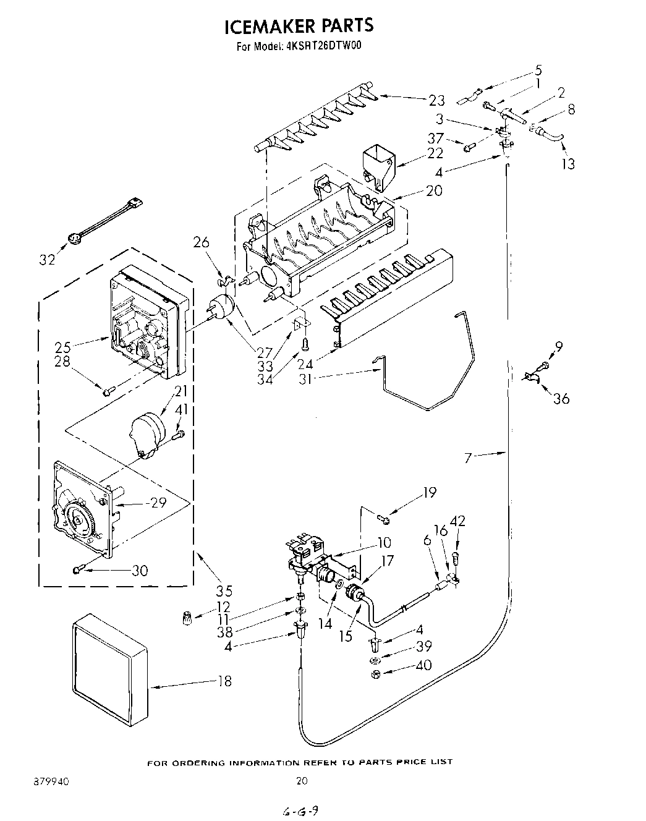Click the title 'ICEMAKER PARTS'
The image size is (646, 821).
click(x=299, y=26)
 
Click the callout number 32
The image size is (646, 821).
click(x=47, y=259)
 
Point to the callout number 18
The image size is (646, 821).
click(x=224, y=681)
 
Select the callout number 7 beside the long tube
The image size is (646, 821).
click(x=469, y=457)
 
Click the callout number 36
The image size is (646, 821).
click(x=561, y=399)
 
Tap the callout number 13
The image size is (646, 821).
click(x=568, y=163)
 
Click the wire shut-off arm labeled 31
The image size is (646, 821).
click(x=427, y=371)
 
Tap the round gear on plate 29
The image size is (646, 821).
click(x=79, y=519)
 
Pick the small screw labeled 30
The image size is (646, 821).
click(x=79, y=569)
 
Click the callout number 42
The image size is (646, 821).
click(x=457, y=522)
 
